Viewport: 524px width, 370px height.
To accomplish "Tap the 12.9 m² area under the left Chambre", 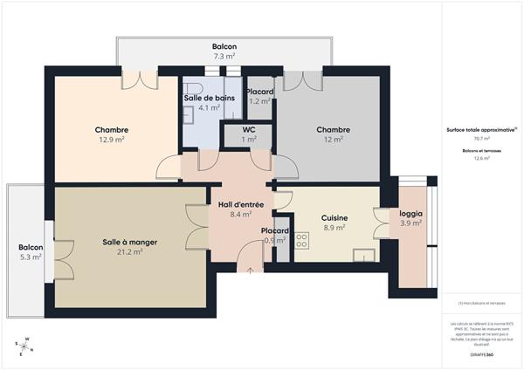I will [x=111, y=140].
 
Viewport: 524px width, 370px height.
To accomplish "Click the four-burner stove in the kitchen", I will [x=302, y=240].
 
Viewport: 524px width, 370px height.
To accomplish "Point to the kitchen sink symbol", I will [x=364, y=255].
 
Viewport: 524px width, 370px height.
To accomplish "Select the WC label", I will [x=249, y=129].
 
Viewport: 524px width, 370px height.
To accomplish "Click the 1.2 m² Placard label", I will [x=260, y=101].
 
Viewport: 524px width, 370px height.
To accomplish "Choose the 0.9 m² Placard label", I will [x=275, y=240].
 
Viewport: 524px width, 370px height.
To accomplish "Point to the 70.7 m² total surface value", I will [x=481, y=139].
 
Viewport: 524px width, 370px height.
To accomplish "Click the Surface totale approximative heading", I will [x=481, y=129].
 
